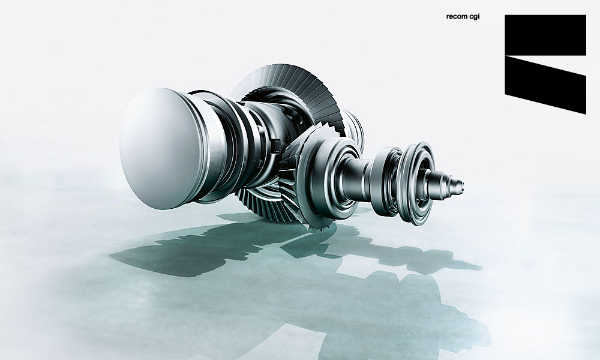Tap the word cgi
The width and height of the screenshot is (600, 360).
[474, 17]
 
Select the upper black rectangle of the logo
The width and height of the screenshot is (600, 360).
[545, 35]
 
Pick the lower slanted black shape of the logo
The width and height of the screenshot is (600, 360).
[545, 85]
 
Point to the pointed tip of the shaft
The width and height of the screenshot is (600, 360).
[463, 187]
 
